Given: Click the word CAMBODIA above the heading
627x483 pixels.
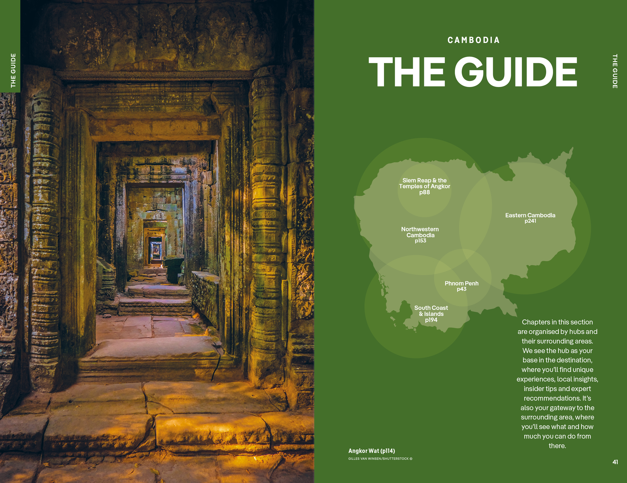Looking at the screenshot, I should point(473,40).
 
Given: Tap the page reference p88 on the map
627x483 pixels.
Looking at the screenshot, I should point(424,192).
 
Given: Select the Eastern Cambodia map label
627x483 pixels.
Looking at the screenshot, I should point(530,215).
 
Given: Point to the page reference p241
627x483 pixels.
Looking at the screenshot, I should point(530,221).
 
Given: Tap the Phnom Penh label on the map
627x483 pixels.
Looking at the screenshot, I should point(461,283).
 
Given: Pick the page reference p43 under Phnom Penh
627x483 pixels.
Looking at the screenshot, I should point(461,289).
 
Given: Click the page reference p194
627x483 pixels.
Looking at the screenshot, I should point(431,320).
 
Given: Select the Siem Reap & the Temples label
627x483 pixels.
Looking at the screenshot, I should point(424,183).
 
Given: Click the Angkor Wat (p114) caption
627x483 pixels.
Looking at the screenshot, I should point(372,451).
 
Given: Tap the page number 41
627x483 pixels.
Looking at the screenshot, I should point(615,462).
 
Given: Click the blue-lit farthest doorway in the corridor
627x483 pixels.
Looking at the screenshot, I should point(156,250).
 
